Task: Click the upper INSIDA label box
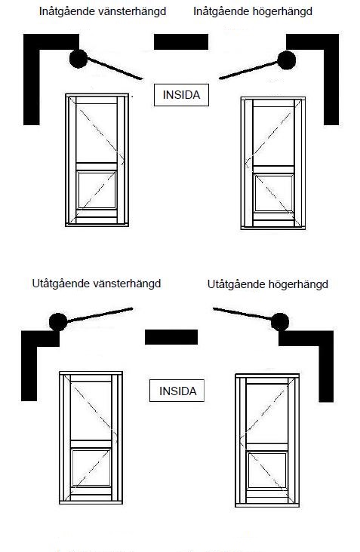click(x=181, y=95)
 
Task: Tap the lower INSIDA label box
click(x=177, y=391)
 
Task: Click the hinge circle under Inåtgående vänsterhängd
click(x=78, y=58)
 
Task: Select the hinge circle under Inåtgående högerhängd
click(x=286, y=60)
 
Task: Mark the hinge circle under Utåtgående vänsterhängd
click(x=58, y=322)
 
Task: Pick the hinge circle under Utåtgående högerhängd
click(x=280, y=322)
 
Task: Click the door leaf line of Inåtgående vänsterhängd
click(x=115, y=69)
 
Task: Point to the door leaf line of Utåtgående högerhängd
click(x=242, y=314)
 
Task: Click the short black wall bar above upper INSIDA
click(x=181, y=42)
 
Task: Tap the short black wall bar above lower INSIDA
click(x=171, y=337)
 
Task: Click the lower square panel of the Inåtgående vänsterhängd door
click(x=97, y=190)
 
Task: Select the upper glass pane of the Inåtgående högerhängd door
click(x=274, y=136)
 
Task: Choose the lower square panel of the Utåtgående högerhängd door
click(x=268, y=470)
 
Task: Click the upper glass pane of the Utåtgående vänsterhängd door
click(x=91, y=410)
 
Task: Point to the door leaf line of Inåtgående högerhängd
click(x=248, y=70)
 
